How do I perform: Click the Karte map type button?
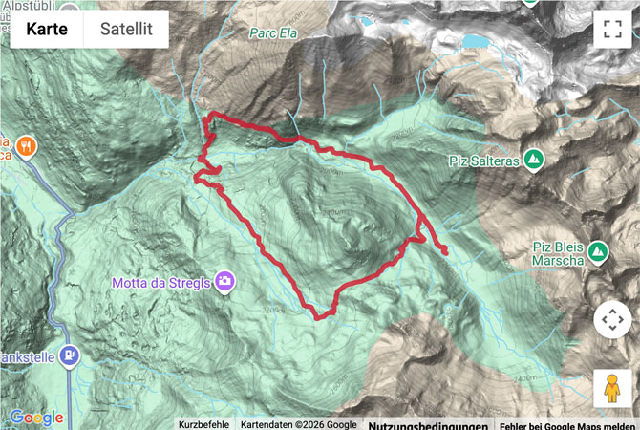47,30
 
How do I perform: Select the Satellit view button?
126,30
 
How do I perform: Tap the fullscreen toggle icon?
611,29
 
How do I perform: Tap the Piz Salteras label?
483,161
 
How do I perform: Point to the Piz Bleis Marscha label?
561,254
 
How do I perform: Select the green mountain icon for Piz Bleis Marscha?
598,252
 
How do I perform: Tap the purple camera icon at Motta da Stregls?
224,281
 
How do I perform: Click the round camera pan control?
612,319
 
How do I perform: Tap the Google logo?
36,418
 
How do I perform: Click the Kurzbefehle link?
203,424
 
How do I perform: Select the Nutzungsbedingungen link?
428,424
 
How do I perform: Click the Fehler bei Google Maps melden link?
567,424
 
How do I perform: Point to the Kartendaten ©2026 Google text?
298,424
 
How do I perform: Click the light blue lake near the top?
473,41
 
